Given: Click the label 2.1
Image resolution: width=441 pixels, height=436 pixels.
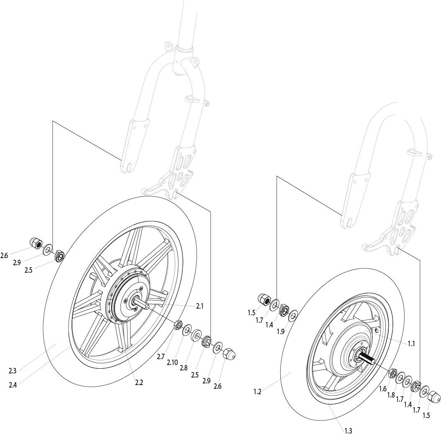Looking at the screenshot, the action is click(200, 306).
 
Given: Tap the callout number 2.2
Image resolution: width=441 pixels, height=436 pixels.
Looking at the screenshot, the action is click(139, 382).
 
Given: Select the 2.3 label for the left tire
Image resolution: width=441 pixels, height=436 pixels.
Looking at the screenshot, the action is click(13, 371).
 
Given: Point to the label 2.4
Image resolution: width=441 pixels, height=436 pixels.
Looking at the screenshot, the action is click(13, 385).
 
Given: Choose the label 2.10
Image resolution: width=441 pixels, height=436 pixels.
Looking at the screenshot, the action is click(172, 362).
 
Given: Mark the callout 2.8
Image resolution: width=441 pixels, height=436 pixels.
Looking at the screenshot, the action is click(183, 368).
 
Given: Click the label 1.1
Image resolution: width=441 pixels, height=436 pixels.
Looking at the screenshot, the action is click(411, 344).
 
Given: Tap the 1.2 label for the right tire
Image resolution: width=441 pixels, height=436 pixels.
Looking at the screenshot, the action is click(257, 392).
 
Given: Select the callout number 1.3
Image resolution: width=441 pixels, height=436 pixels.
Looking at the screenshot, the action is click(348, 431).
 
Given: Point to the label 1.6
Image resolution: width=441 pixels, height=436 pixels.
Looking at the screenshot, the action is click(383, 389).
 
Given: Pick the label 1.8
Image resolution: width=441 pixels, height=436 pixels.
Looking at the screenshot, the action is click(391, 395).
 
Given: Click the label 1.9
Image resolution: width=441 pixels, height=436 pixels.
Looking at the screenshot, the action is click(280, 332).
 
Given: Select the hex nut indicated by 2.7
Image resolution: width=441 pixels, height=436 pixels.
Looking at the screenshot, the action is click(178, 325).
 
